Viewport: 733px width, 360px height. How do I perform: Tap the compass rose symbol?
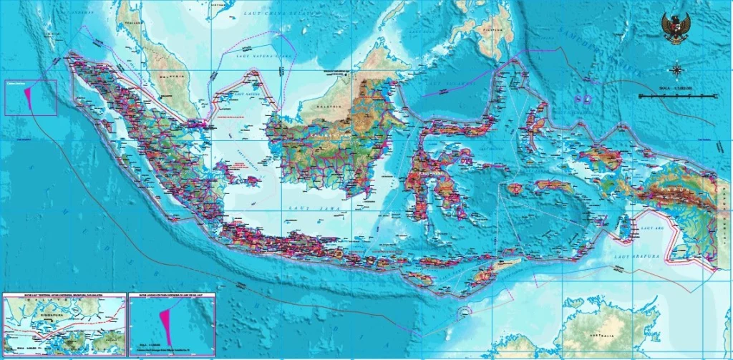(x=676, y=69)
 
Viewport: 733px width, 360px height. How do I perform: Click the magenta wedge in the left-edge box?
(x=28, y=95)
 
